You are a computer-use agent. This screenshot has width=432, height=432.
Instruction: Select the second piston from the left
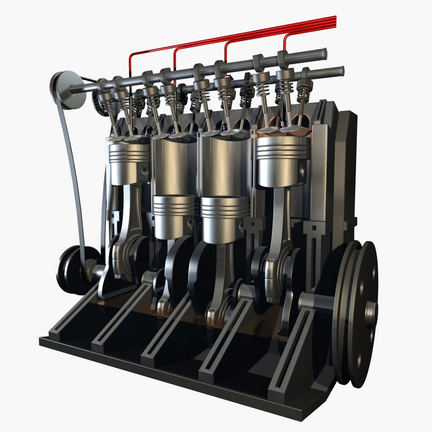(174, 216)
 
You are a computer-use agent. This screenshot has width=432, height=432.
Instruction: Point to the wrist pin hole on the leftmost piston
(144, 172)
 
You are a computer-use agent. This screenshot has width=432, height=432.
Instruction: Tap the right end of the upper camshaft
(322, 53)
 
